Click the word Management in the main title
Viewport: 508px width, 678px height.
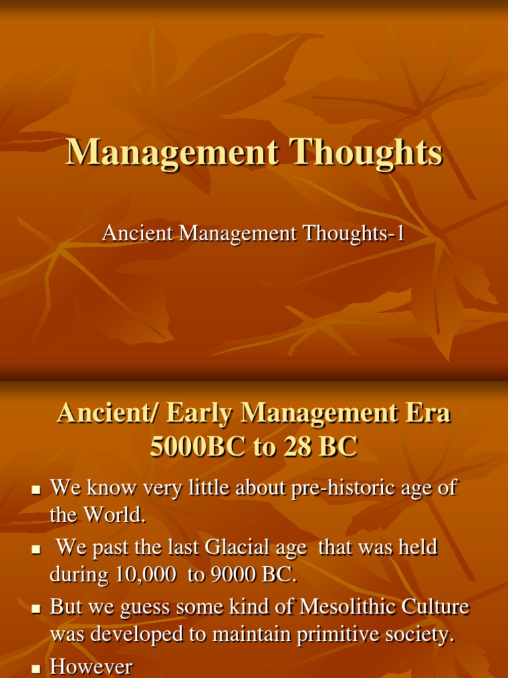(170, 153)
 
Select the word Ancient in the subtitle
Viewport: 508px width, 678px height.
(130, 233)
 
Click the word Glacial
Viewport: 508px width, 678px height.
(239, 548)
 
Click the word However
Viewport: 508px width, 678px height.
(91, 667)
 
